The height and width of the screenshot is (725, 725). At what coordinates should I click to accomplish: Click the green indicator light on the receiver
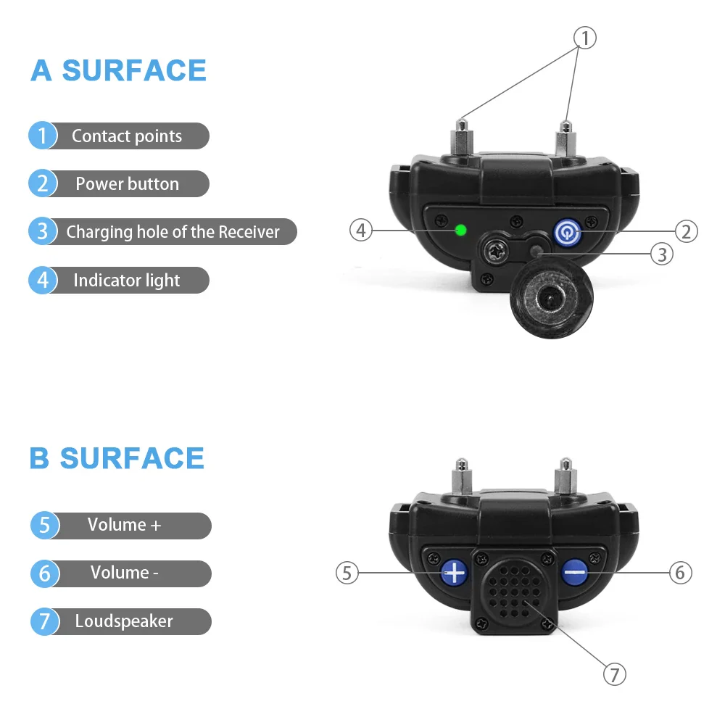[x=460, y=231]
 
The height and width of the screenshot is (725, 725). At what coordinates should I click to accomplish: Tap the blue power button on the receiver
[x=567, y=232]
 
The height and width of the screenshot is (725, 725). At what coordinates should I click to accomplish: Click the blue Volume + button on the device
[x=455, y=573]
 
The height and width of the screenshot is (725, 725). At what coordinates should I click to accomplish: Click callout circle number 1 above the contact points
[x=584, y=38]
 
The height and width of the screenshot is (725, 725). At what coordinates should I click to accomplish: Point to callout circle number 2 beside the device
[x=686, y=231]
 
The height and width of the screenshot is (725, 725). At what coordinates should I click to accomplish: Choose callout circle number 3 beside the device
[x=661, y=254]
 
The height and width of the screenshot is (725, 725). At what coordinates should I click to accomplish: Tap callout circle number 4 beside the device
[x=361, y=231]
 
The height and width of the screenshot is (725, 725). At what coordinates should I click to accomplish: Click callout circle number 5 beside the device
[x=347, y=573]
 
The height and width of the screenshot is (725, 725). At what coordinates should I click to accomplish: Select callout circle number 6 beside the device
[x=679, y=573]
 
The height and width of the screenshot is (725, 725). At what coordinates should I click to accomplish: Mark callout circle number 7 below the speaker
[x=614, y=675]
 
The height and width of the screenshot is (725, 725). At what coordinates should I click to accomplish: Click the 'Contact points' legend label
[x=127, y=136]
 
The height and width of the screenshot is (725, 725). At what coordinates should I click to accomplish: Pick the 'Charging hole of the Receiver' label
[x=173, y=232]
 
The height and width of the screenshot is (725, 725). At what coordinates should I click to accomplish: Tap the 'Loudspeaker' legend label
[x=124, y=621]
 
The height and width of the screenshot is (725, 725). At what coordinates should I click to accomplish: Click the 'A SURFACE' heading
[x=119, y=70]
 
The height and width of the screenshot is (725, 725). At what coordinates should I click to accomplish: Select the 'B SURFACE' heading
[x=117, y=458]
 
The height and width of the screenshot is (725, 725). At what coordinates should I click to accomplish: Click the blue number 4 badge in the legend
[x=43, y=281]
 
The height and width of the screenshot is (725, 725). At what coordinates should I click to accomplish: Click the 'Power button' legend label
[x=127, y=184]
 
